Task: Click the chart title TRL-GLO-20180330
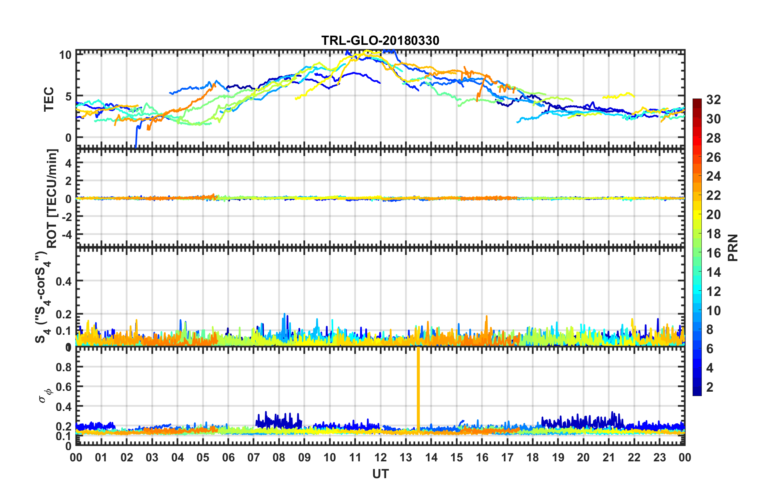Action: click(x=380, y=40)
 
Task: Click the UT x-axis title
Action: click(x=380, y=474)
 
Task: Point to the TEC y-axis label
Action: click(x=49, y=99)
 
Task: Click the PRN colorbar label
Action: click(x=733, y=247)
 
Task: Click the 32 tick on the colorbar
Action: click(x=713, y=100)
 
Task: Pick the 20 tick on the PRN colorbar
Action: click(x=713, y=215)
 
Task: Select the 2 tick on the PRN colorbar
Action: click(x=710, y=387)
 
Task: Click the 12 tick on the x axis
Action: click(x=380, y=457)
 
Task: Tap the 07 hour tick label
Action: click(x=253, y=457)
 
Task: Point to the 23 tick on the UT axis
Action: click(x=659, y=457)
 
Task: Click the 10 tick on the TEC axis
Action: click(x=65, y=55)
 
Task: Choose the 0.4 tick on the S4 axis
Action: click(x=63, y=281)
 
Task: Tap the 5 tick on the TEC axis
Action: click(x=68, y=97)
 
